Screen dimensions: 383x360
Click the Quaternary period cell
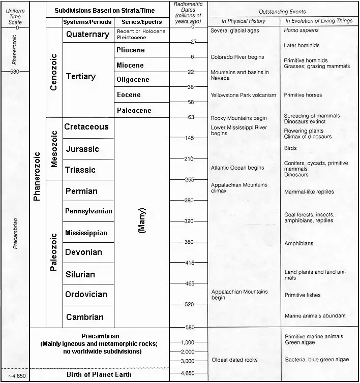(87, 35)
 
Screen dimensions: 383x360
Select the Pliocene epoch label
(131, 50)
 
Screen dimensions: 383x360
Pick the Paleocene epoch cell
(134, 110)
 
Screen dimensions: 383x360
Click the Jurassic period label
(82, 149)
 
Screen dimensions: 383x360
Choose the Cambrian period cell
(84, 317)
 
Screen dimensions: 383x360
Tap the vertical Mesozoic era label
(54, 149)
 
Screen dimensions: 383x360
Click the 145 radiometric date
(189, 138)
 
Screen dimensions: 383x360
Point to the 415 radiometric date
(189, 263)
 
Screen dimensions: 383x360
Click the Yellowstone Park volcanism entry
(243, 95)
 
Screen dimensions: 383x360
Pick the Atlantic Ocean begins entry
(237, 168)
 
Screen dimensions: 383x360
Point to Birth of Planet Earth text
(99, 375)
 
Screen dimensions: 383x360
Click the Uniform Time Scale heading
(15, 16)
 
